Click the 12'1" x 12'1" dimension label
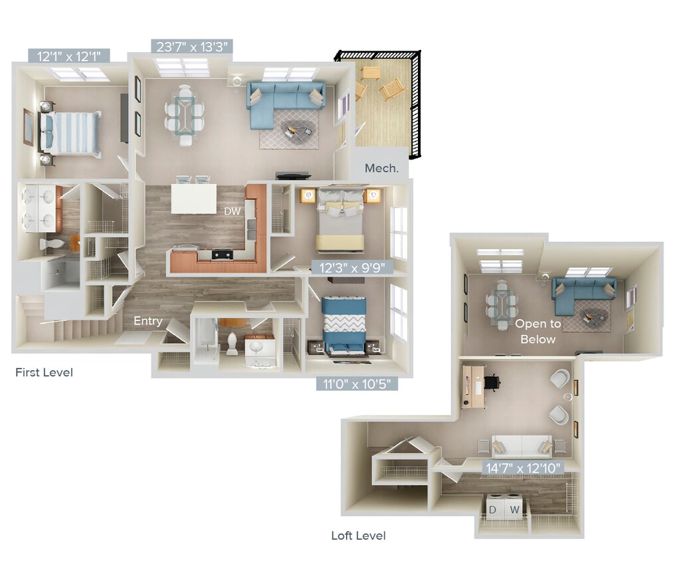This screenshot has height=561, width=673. coord(69,55)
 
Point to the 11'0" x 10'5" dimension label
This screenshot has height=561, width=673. coord(357,383)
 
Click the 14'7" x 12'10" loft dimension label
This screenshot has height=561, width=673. coord(524,467)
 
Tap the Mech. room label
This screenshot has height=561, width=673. coord(382,168)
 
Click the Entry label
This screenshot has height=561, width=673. coord(147,321)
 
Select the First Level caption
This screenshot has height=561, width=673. coord(44,372)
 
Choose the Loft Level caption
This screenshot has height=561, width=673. coord(358,535)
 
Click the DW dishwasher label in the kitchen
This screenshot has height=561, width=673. coord(232,211)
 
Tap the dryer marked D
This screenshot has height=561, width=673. coord(493,510)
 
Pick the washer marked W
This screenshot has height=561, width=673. coord(514,510)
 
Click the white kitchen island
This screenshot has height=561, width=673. coord(193,198)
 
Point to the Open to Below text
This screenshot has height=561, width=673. coord(537,332)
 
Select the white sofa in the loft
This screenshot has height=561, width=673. coord(522,446)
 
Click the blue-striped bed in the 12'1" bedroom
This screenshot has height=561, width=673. coord(71,133)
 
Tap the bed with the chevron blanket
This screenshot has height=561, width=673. coord(343,324)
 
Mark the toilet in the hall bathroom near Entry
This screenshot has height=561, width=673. coord(233,343)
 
